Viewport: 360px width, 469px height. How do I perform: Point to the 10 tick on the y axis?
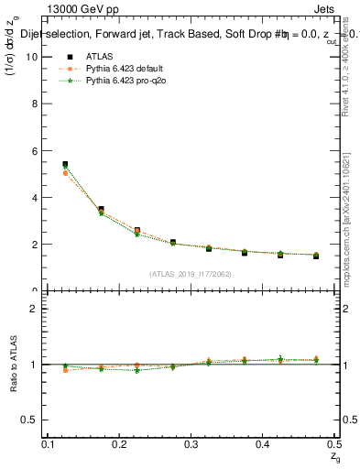tap(35, 57)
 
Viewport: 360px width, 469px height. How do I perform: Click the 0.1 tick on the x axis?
tap(49, 443)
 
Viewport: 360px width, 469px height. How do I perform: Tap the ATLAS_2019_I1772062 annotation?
tap(191, 273)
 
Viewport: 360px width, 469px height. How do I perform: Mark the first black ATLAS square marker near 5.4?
tap(65, 164)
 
